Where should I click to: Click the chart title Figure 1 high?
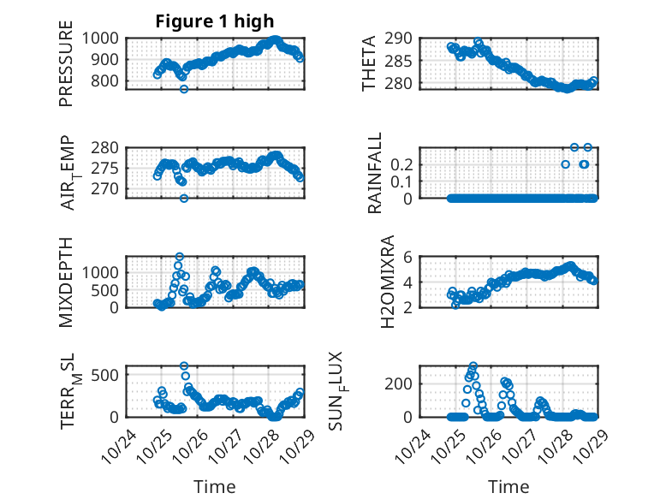tap(215, 21)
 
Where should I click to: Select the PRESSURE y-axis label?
tap(66, 69)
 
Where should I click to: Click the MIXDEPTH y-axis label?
tap(66, 281)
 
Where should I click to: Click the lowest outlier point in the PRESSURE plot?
tap(183, 88)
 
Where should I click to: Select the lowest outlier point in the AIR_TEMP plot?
tap(183, 198)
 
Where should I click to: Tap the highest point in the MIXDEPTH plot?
tap(180, 257)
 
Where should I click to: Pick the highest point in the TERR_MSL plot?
tap(184, 366)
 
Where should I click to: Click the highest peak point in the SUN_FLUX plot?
tap(473, 366)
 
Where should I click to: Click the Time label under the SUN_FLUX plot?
tap(508, 486)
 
